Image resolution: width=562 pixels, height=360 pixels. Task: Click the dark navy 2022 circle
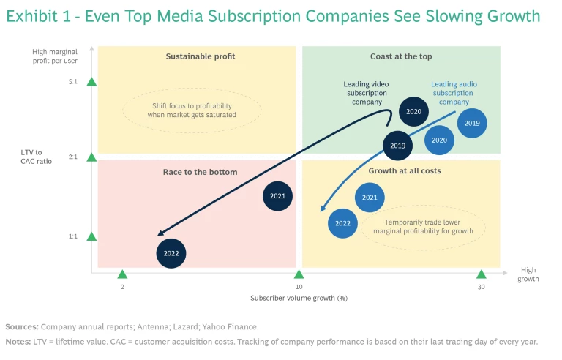pos(171,254)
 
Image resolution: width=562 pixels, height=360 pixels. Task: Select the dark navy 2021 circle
pos(278,196)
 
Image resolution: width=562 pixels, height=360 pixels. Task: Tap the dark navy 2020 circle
pos(413,112)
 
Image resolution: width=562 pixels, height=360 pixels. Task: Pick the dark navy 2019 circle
pos(397,146)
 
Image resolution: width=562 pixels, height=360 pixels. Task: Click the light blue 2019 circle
pos(472,124)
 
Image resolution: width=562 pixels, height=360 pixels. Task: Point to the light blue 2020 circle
pos(440,140)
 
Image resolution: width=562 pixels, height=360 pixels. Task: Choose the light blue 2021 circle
pos(370,198)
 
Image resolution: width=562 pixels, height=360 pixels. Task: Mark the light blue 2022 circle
pos(342,223)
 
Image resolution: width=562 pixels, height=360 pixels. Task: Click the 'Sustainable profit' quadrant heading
pos(201,56)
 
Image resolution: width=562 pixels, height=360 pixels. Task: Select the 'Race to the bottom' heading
pos(200,172)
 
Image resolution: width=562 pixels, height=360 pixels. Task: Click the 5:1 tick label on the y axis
pos(73,82)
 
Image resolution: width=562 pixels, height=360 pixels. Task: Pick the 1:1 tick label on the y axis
pos(73,236)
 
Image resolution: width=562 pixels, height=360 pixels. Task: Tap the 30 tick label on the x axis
pos(481,287)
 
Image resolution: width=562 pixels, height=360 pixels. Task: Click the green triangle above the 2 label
pos(122,274)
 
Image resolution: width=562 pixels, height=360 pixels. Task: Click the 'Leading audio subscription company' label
pos(454,93)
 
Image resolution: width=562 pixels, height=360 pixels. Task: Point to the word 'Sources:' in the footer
pos(21,327)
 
